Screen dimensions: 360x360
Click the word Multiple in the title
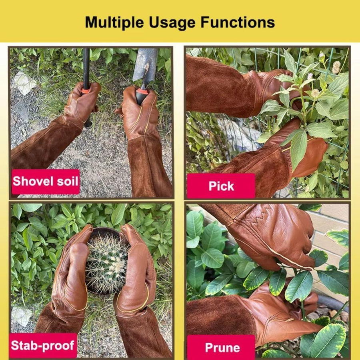[x=114, y=23]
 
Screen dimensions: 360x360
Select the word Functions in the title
[x=238, y=22]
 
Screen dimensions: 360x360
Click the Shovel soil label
[x=46, y=181]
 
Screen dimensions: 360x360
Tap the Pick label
[x=221, y=186]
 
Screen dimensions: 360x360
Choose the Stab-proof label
[x=43, y=345]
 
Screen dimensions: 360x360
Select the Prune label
[x=221, y=347]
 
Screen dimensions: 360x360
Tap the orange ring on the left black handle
[x=86, y=91]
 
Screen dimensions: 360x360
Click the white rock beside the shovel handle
[x=24, y=83]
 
